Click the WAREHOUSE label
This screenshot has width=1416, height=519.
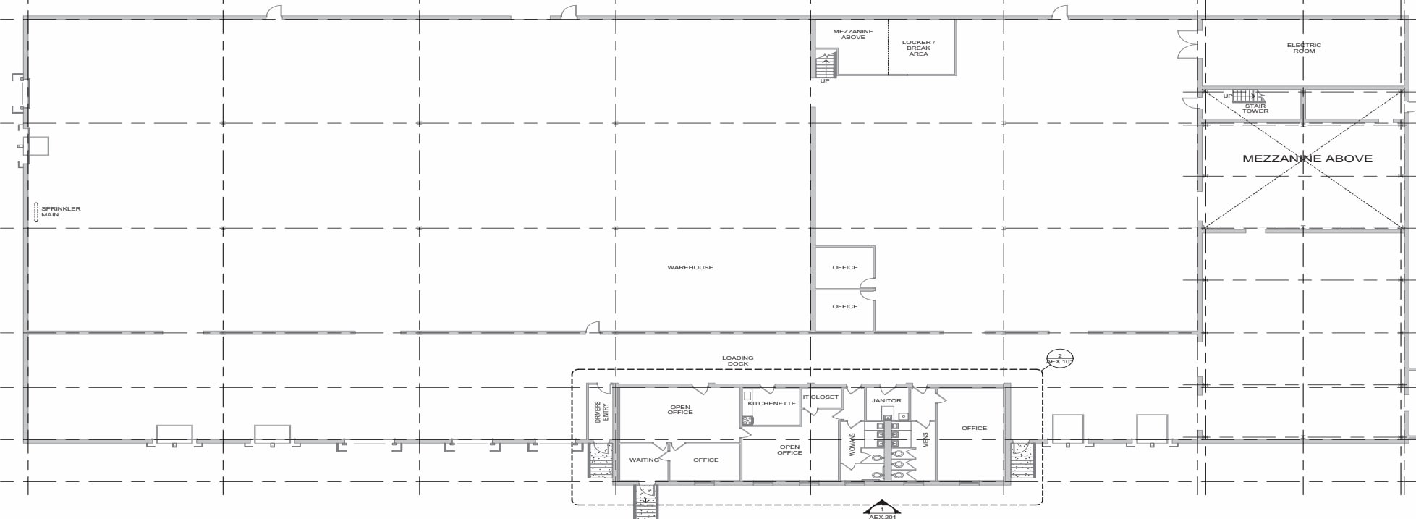pyautogui.click(x=690, y=268)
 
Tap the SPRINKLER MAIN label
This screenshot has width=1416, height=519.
pyautogui.click(x=61, y=212)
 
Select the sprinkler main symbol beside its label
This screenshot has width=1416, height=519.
pyautogui.click(x=36, y=212)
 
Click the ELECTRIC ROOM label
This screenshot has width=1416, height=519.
pyautogui.click(x=1303, y=48)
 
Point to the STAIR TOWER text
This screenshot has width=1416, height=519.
pyautogui.click(x=1255, y=109)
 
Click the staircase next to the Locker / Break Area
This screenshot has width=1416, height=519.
pyautogui.click(x=825, y=66)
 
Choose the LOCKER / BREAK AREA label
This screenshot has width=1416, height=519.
pyautogui.click(x=918, y=48)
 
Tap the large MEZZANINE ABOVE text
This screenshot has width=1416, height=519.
pyautogui.click(x=1307, y=159)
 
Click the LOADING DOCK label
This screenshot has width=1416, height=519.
pyautogui.click(x=737, y=360)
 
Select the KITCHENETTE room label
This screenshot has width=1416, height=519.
pyautogui.click(x=773, y=404)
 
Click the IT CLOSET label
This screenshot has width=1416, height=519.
pyautogui.click(x=821, y=397)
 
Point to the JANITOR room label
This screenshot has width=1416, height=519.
pyautogui.click(x=886, y=400)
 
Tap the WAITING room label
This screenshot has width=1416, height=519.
pyautogui.click(x=644, y=460)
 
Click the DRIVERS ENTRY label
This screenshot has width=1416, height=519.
pyautogui.click(x=601, y=413)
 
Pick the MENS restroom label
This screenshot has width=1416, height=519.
pyautogui.click(x=925, y=440)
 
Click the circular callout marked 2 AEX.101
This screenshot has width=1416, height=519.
pyautogui.click(x=1060, y=358)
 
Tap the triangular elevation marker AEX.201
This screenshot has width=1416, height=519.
pyautogui.click(x=881, y=510)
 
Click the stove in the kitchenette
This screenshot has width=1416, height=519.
pyautogui.click(x=747, y=420)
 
